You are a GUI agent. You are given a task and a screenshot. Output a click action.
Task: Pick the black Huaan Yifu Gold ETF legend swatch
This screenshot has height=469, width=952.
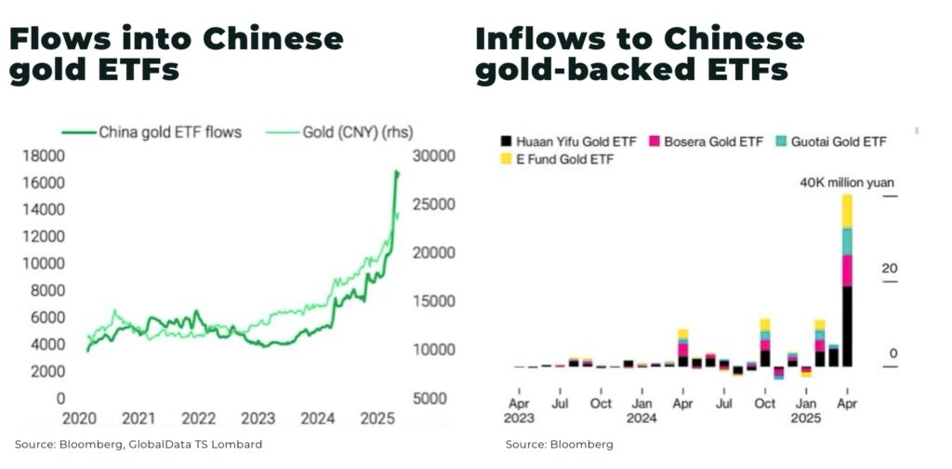point(506,141)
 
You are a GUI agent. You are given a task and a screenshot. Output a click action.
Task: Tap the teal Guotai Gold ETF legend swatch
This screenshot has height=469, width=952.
point(782,141)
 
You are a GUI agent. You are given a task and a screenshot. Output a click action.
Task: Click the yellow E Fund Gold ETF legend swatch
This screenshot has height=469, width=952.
point(506,159)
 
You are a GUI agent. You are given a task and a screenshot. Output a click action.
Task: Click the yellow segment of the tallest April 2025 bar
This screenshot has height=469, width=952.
point(847,211)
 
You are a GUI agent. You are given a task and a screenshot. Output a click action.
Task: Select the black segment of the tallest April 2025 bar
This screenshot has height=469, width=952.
point(847,326)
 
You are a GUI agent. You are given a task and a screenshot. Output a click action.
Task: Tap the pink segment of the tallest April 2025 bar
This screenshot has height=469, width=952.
point(847,271)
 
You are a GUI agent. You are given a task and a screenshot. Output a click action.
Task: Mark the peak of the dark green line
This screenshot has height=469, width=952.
point(397,172)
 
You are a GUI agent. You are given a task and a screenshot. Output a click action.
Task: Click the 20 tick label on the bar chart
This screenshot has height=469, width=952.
point(889,269)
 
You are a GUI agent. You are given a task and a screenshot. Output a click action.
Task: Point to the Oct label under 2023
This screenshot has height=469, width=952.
point(601,404)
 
